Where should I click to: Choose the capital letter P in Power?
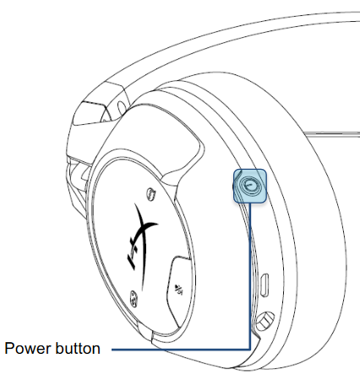click(x=10, y=348)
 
